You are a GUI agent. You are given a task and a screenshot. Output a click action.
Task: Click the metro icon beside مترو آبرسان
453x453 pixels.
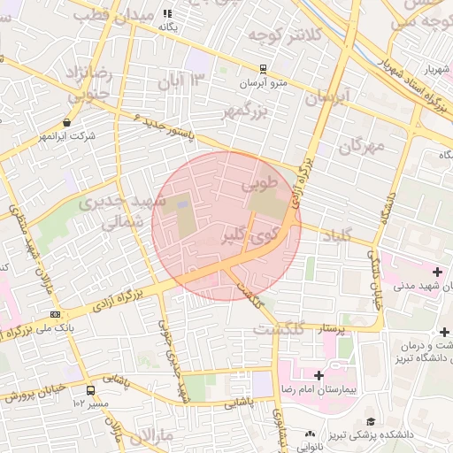262,69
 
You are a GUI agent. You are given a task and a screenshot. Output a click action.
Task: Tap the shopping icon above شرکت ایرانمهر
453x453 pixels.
67,123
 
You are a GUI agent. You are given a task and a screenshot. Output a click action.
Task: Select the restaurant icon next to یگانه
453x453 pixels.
167,13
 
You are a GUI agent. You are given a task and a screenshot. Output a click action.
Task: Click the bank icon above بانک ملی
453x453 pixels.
56,314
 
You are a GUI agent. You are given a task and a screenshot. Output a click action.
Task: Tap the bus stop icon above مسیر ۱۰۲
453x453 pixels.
90,389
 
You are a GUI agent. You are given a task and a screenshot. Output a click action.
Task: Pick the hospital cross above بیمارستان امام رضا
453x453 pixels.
319,376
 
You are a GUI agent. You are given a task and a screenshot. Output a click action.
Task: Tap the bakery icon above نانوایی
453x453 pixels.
311,434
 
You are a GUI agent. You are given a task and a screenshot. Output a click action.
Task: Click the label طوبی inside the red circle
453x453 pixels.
259,185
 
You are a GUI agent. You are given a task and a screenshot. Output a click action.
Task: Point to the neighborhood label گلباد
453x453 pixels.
333,234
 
